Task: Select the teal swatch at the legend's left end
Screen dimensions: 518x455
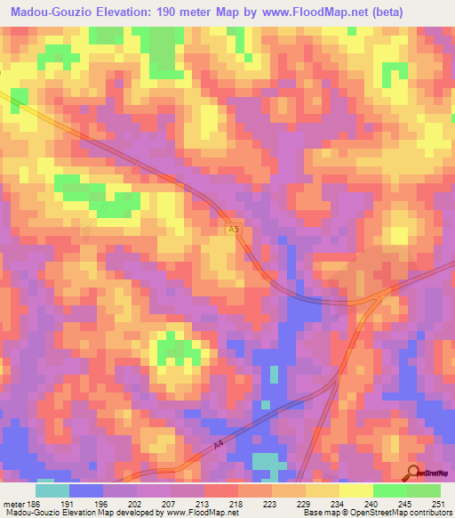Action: click(x=52, y=490)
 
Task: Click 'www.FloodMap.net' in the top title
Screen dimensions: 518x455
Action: click(x=303, y=12)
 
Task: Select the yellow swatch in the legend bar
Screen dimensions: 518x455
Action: click(x=356, y=490)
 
